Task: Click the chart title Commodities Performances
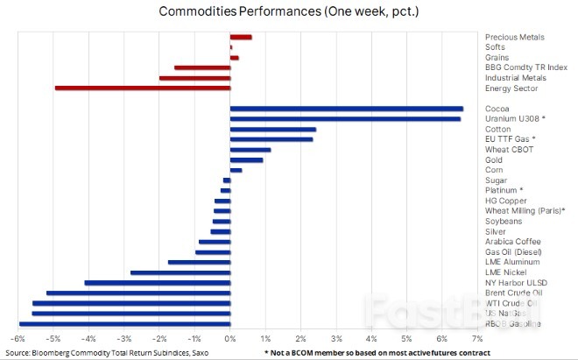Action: coord(288,11)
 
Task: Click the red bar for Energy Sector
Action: coord(142,88)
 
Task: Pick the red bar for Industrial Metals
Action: coord(194,78)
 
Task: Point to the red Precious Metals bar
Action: coord(241,37)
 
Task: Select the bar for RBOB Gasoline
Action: coord(124,323)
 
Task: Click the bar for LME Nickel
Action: coord(180,272)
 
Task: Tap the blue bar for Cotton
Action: coord(272,130)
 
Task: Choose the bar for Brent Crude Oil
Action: coord(137,293)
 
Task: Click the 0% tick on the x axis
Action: coord(229,338)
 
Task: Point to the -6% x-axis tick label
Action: coord(18,338)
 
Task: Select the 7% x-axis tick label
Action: coord(477,338)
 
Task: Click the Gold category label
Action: coord(494,160)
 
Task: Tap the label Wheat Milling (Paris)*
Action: coord(525,211)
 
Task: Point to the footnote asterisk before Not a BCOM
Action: coord(265,352)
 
